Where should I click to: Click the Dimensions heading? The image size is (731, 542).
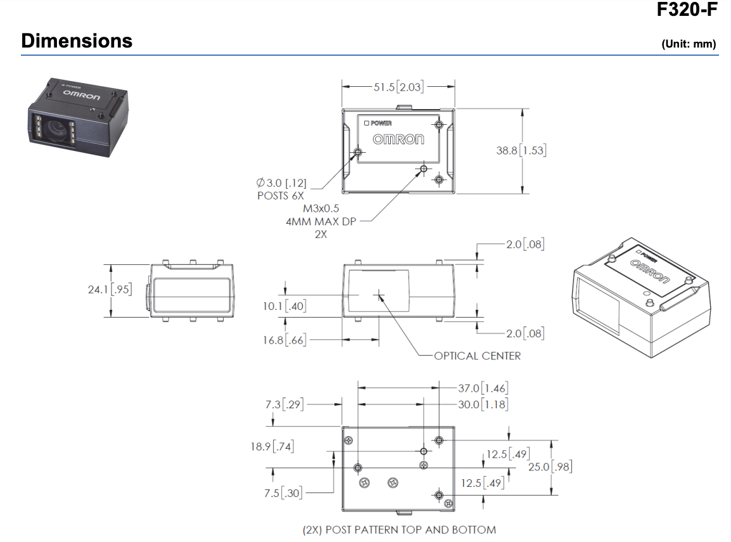pos(77,41)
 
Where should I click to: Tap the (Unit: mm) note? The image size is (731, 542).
pos(688,44)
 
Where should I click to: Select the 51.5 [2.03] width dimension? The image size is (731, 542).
pos(398,87)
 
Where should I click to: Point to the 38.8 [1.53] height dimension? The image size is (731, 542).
pos(521,151)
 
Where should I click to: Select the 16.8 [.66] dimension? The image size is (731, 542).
pos(284,340)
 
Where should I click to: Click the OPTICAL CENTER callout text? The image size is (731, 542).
pos(477,356)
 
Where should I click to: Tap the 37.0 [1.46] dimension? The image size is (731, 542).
pos(483,388)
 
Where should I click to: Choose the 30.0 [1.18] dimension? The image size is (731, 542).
pos(483,404)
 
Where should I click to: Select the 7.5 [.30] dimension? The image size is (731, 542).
pos(283,493)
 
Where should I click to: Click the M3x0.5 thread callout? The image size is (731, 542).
pos(321,208)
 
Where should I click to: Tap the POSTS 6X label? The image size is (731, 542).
pos(281,195)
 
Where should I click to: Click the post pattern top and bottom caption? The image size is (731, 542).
pos(399,529)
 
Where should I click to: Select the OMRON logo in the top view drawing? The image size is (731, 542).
pos(398,139)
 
